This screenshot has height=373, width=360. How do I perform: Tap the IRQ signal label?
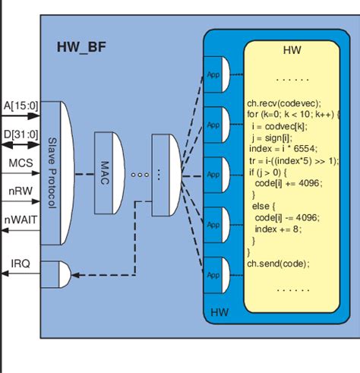[x=21, y=263]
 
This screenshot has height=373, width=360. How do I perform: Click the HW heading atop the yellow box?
[x=292, y=51]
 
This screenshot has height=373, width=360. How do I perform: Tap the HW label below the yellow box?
[x=219, y=311]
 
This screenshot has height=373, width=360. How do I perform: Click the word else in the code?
[x=264, y=206]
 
